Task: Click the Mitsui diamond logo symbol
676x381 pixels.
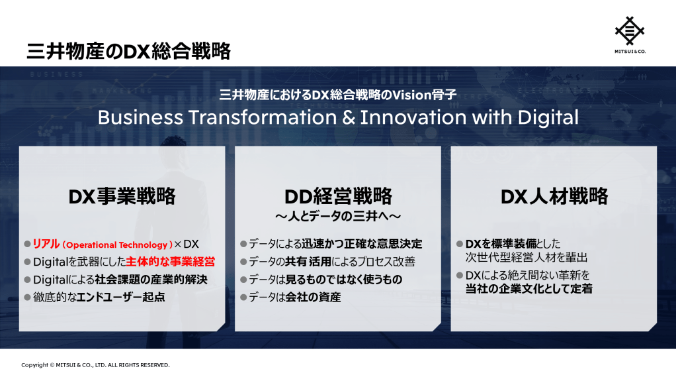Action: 630,30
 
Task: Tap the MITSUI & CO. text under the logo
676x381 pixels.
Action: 630,52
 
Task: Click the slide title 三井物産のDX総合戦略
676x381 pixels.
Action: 128,51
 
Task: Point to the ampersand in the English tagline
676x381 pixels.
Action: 349,117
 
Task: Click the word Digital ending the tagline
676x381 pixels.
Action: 548,118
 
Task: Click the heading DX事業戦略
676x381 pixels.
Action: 122,196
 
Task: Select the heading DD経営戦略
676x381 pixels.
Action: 338,196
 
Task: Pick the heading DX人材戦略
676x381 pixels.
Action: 554,196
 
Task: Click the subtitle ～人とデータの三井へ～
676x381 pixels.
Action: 338,216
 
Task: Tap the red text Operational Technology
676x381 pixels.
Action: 117,245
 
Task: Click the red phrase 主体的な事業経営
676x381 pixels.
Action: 170,262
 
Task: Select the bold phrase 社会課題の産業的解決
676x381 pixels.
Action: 151,280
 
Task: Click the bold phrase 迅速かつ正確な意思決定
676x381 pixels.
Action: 362,244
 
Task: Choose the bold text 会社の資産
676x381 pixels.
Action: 313,298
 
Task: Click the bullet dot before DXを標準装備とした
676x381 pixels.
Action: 460,244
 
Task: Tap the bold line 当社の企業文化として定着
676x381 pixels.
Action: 529,289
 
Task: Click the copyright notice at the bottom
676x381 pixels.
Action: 95,365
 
